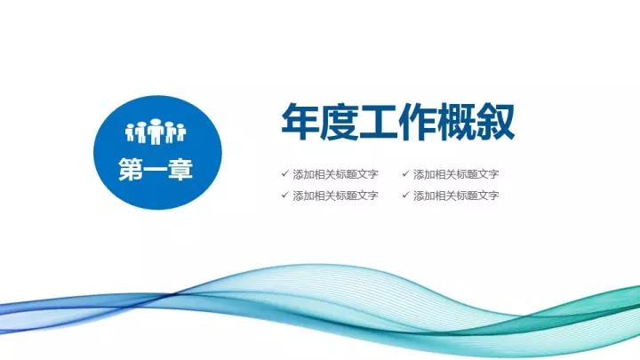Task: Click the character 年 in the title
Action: click(300, 122)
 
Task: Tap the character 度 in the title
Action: click(339, 122)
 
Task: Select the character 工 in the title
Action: click(378, 122)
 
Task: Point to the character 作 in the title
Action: click(417, 122)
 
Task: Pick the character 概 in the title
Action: click(456, 122)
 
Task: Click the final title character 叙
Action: click(495, 122)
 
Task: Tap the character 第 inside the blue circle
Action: click(131, 170)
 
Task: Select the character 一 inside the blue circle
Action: click(156, 170)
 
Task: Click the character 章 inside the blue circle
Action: click(180, 170)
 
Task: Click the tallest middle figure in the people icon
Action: click(156, 132)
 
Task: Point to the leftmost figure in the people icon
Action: click(130, 133)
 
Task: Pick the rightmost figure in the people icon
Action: click(181, 133)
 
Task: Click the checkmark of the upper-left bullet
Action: click(285, 173)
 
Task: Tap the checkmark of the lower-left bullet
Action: click(285, 195)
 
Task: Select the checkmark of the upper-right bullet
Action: click(405, 173)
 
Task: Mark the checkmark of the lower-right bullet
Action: click(405, 195)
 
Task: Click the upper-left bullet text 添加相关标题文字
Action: click(335, 174)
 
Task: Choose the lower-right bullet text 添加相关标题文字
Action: click(456, 196)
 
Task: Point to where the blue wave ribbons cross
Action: click(172, 294)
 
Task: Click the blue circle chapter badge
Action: click(157, 152)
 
